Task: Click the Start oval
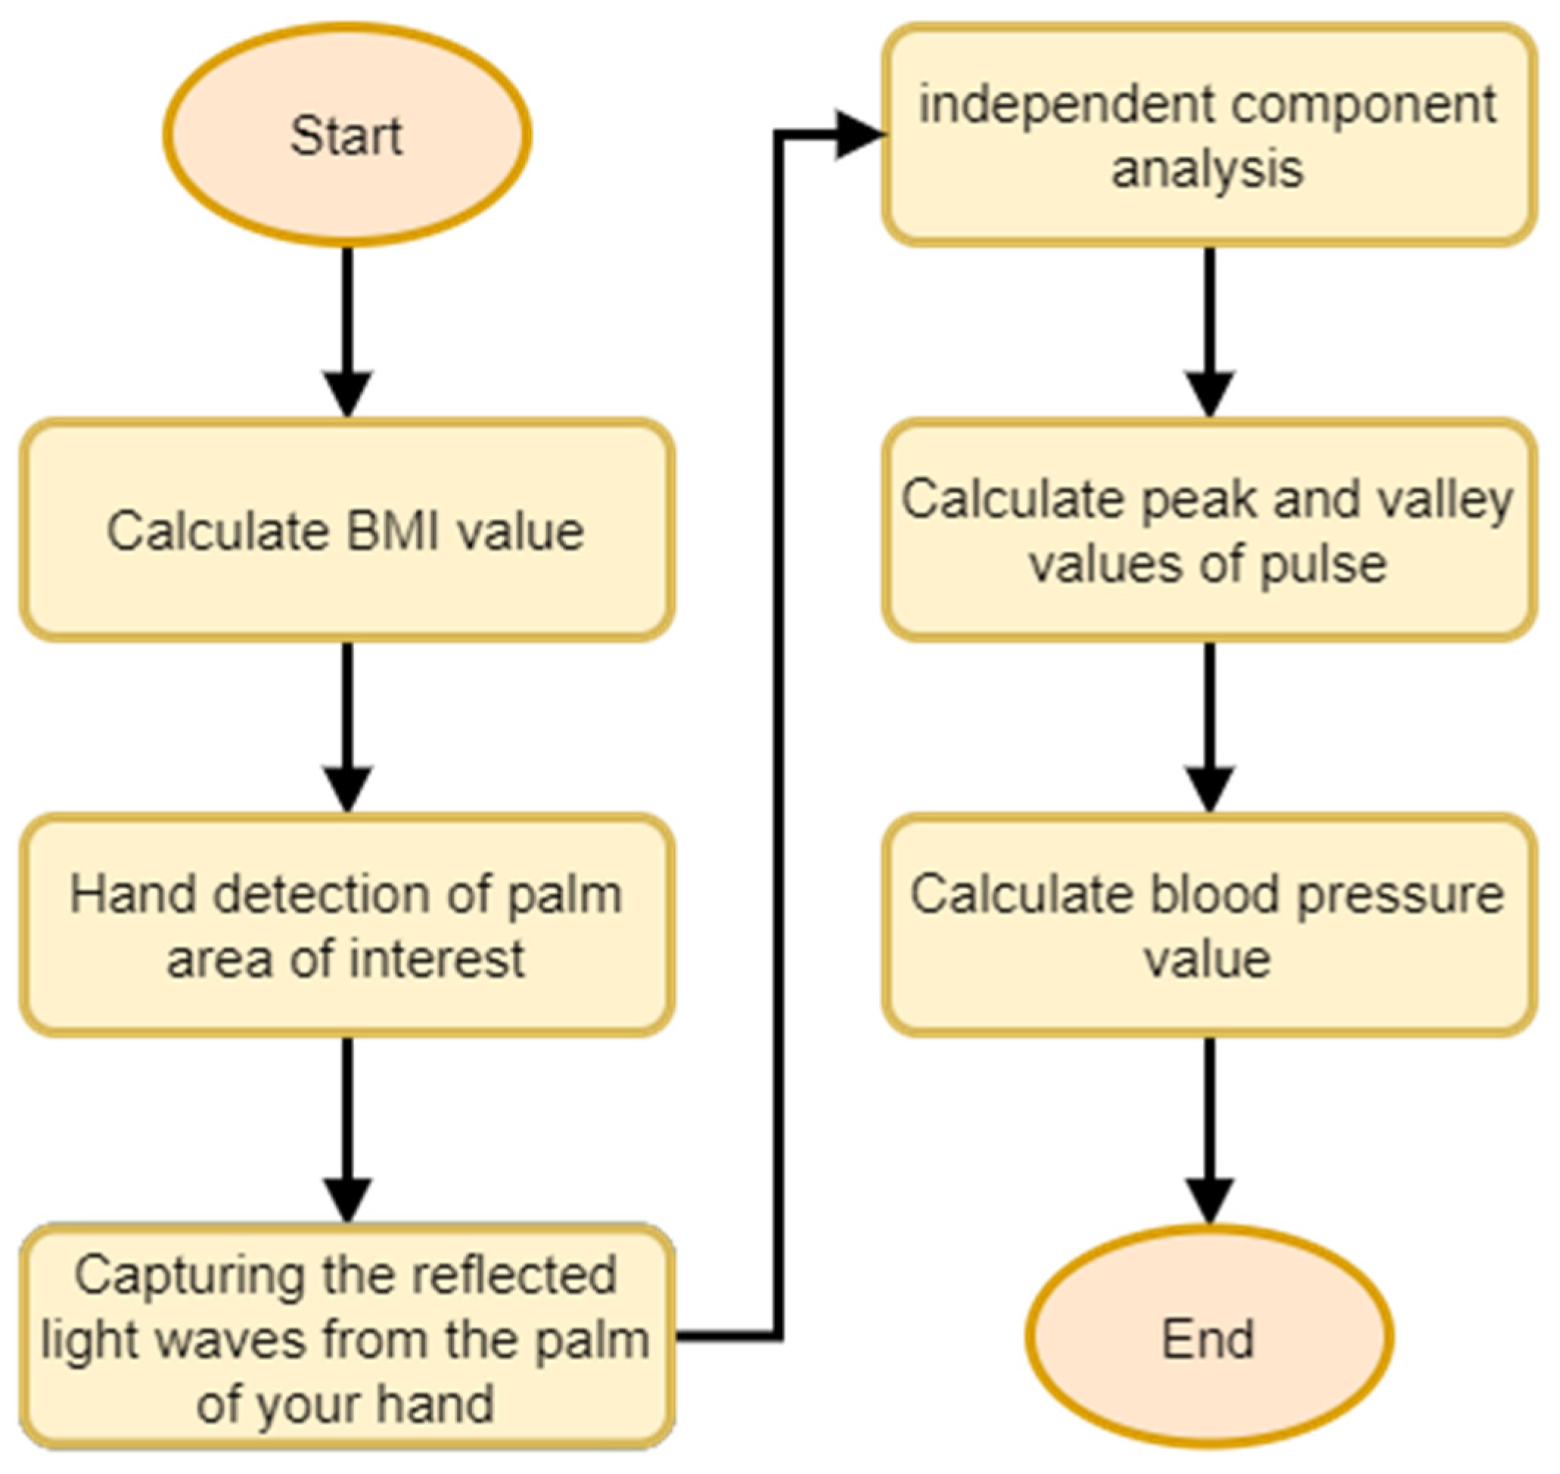[347, 135]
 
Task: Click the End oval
[1208, 1338]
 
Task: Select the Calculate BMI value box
[346, 530]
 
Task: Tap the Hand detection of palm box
[346, 925]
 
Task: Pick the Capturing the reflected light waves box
[346, 1337]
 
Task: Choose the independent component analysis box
[1208, 135]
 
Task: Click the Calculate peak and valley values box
[1208, 530]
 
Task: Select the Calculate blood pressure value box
[1208, 925]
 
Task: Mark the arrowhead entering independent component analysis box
[858, 135]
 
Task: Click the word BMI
[393, 531]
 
